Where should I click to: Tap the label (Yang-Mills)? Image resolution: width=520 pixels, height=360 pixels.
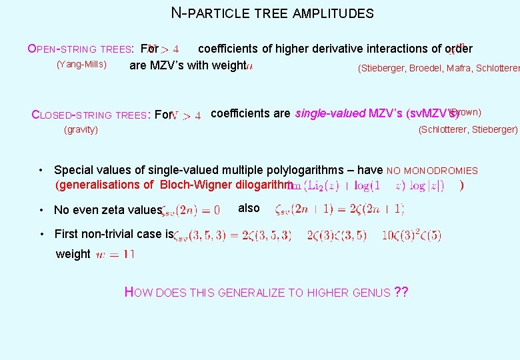[81, 65]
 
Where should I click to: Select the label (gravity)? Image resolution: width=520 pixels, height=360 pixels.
[81, 129]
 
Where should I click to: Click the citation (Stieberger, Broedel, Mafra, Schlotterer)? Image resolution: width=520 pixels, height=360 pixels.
[439, 68]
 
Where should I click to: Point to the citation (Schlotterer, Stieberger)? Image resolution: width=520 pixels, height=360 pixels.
[467, 129]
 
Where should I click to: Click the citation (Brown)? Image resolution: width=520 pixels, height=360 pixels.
[465, 112]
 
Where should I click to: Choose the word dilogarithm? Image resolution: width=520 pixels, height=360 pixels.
[261, 185]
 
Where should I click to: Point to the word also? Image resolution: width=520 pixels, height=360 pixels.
[249, 208]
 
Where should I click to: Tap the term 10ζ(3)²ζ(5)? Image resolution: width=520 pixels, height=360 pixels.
[411, 235]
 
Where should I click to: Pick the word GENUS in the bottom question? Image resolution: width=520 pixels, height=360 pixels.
[371, 292]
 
